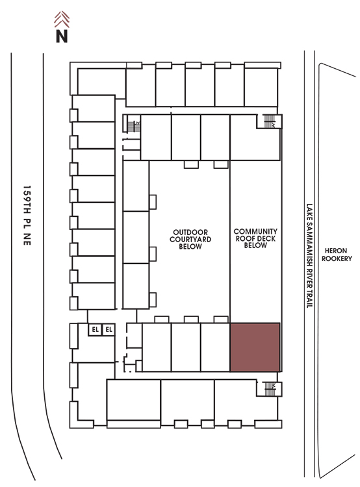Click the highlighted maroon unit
tap(255, 347)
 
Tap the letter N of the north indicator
tap(62, 36)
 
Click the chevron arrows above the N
tap(62, 19)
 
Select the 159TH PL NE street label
tap(27, 215)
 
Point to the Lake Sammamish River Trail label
tap(309, 256)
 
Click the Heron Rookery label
tap(337, 255)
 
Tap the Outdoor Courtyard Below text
tap(190, 239)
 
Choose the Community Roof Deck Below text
tap(255, 238)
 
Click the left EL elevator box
tap(95, 329)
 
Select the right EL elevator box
tap(109, 329)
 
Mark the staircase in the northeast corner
tap(269, 121)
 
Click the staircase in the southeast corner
tap(270, 389)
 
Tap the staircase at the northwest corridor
tap(134, 126)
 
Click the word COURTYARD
tap(190, 239)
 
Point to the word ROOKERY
tap(337, 258)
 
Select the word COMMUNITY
tap(255, 231)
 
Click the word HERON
tap(336, 251)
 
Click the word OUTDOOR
tap(190, 232)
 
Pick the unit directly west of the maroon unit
tap(215, 347)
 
